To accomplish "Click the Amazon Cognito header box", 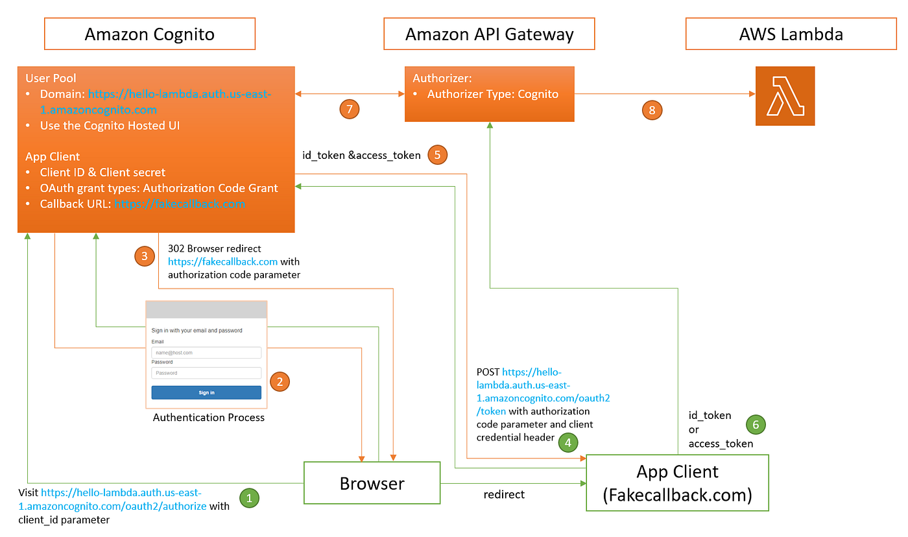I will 149,34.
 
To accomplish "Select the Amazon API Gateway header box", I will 489,34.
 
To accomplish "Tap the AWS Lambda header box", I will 791,34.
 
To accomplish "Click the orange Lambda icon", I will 785,96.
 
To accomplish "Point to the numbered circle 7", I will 350,110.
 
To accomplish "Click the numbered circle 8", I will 652,110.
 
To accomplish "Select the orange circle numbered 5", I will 437,155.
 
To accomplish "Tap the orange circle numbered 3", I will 144,256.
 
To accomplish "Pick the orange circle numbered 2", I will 280,381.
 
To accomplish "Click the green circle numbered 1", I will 250,498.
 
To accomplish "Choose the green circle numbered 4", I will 568,443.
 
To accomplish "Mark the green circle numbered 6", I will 756,425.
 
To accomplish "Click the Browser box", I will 372,483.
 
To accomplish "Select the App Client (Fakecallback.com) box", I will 677,483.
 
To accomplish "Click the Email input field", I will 206,353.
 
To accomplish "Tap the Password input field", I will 206,373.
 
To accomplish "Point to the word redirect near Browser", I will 504,494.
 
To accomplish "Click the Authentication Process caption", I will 209,418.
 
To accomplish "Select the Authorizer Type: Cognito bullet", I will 492,94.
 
